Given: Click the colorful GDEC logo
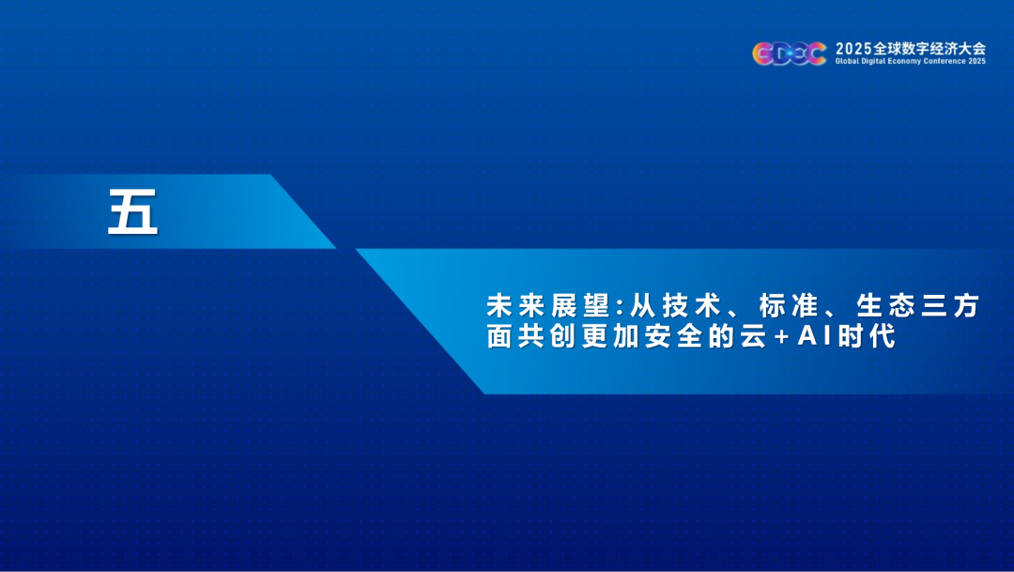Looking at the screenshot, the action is point(789,54).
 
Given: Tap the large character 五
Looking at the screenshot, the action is point(132,211).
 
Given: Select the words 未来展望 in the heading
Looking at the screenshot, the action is point(548,305).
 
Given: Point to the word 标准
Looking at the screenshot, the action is point(789,305).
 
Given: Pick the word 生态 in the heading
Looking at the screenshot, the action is point(886,305).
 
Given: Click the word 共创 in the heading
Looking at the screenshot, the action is point(547,336).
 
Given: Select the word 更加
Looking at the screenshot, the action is point(610,336).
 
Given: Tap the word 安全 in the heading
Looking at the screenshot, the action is point(673,336).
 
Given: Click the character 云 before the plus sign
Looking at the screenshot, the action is point(753,336).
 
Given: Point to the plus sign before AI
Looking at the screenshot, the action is point(782,337).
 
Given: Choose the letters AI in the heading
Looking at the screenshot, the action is point(814,336).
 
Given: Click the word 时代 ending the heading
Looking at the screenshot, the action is point(866,336).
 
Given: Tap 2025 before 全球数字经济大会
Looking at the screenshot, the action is point(853,49).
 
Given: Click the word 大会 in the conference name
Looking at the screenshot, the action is point(972,49).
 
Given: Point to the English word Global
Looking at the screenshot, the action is point(846,61).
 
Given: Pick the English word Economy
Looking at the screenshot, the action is point(904,62).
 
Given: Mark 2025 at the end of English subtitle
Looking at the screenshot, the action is point(977,61).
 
